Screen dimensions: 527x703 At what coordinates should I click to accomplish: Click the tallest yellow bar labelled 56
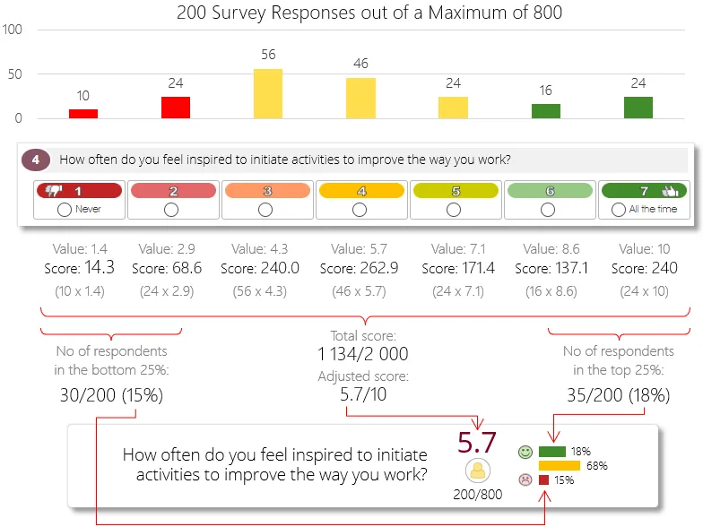pyautogui.click(x=268, y=93)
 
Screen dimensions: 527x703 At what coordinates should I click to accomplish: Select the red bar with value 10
pyautogui.click(x=83, y=114)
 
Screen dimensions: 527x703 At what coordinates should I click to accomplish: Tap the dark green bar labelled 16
pyautogui.click(x=546, y=111)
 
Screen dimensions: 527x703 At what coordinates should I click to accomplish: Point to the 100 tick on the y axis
pyautogui.click(x=13, y=30)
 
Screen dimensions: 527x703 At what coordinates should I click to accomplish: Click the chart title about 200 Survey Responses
pyautogui.click(x=369, y=13)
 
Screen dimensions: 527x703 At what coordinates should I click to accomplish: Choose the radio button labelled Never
pyautogui.click(x=64, y=209)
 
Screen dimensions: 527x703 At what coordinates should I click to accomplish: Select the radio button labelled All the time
pyautogui.click(x=618, y=209)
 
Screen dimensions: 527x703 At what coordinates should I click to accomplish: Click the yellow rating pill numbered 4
pyautogui.click(x=360, y=191)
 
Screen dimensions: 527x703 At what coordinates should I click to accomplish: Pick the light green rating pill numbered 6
pyautogui.click(x=549, y=191)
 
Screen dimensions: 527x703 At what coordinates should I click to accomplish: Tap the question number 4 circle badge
pyautogui.click(x=34, y=160)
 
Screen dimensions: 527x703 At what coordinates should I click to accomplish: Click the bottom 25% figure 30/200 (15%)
pyautogui.click(x=111, y=393)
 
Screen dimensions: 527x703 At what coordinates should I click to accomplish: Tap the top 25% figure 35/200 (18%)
pyautogui.click(x=619, y=393)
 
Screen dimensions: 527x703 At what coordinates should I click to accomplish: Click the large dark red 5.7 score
pyautogui.click(x=477, y=443)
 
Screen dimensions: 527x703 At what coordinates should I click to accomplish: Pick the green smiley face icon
pyautogui.click(x=525, y=452)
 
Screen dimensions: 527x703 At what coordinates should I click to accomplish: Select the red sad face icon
pyautogui.click(x=525, y=479)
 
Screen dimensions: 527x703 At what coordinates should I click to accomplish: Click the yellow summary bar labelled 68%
pyautogui.click(x=560, y=465)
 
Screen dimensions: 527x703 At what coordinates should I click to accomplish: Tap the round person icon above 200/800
pyautogui.click(x=477, y=470)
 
